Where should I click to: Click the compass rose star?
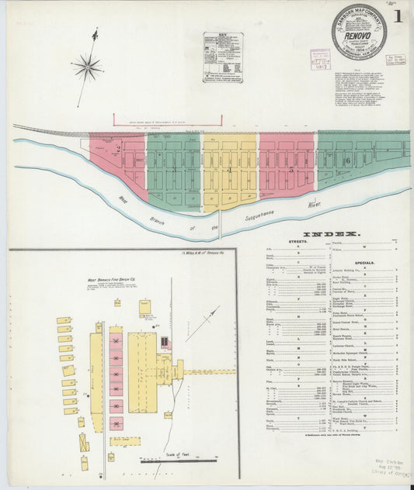[87, 67]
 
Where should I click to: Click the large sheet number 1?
[398, 16]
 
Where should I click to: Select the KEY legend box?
[222, 56]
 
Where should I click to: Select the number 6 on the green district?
[349, 160]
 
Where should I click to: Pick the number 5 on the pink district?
[290, 166]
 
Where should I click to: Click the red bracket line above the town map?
[167, 118]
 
